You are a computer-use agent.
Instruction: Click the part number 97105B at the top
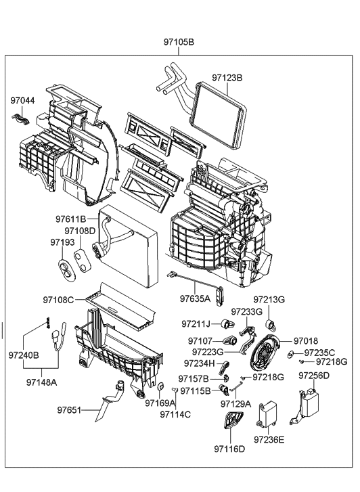pos(179,42)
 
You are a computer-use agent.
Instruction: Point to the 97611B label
pos(71,219)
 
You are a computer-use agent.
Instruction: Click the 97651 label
pos(68,409)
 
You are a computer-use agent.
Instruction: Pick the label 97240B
pos(24,354)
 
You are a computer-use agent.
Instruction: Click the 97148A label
pos(42,381)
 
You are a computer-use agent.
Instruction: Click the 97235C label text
pos(319,352)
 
